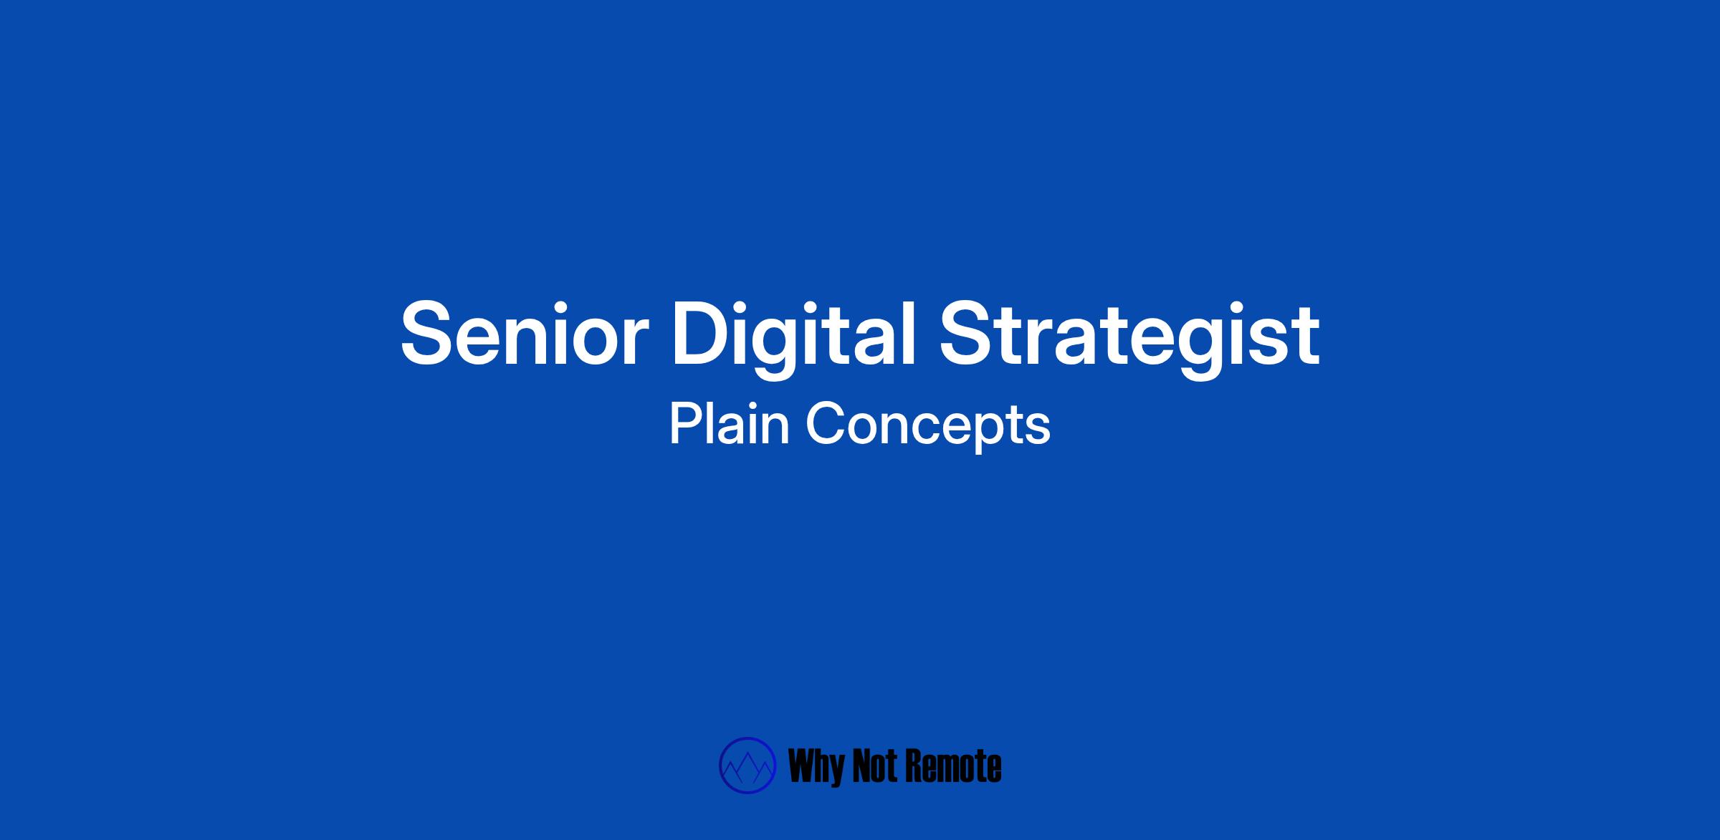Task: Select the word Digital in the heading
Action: (794, 337)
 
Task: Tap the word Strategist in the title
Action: (1129, 337)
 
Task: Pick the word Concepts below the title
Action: (928, 427)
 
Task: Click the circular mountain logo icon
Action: (747, 766)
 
